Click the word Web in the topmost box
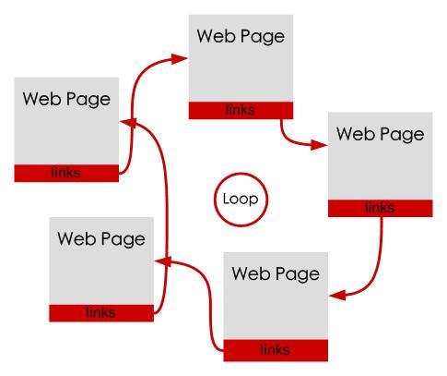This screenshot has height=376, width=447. click(x=217, y=36)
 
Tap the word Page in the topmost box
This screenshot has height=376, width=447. click(x=263, y=37)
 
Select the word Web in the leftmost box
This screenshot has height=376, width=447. click(x=42, y=99)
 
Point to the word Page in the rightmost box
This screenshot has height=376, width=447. click(x=402, y=135)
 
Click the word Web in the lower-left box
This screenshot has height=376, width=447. click(x=77, y=238)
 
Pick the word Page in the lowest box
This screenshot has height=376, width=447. click(x=298, y=274)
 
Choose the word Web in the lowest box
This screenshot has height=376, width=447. click(x=252, y=273)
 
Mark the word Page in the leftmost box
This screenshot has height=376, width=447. click(x=88, y=100)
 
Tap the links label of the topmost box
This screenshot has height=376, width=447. click(x=241, y=110)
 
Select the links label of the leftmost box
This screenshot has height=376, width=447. click(x=66, y=173)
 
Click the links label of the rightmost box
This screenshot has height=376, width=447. click(x=380, y=208)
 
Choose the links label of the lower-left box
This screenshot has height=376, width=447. click(x=100, y=312)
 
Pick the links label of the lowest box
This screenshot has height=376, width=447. click(x=275, y=350)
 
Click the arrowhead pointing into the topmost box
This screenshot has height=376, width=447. click(x=179, y=59)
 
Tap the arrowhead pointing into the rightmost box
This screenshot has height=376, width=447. click(x=319, y=145)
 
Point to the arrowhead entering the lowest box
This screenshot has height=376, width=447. click(x=337, y=295)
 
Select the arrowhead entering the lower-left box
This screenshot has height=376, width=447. click(x=163, y=261)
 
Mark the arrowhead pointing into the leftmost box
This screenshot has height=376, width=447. click(x=128, y=122)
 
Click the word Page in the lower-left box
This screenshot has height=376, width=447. click(x=124, y=239)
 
